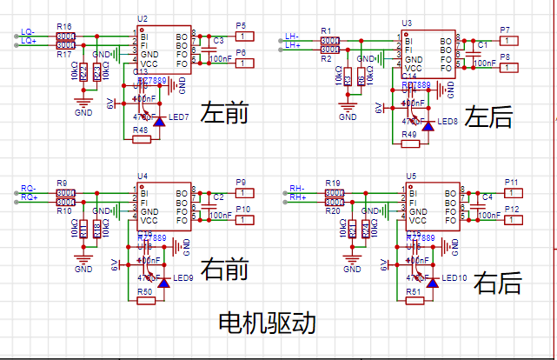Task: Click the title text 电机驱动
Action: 267,323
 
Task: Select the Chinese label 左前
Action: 225,114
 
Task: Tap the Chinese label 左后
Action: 488,117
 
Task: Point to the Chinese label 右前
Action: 224,270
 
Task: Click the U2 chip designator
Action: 143,18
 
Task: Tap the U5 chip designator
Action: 411,175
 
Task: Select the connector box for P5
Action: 246,37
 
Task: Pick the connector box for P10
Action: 247,220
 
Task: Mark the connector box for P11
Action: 513,192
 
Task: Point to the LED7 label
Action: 179,117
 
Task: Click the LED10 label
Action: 454,277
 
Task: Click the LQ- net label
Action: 29,31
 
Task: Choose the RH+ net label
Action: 297,197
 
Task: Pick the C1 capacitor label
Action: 482,43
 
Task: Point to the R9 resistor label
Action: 62,183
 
